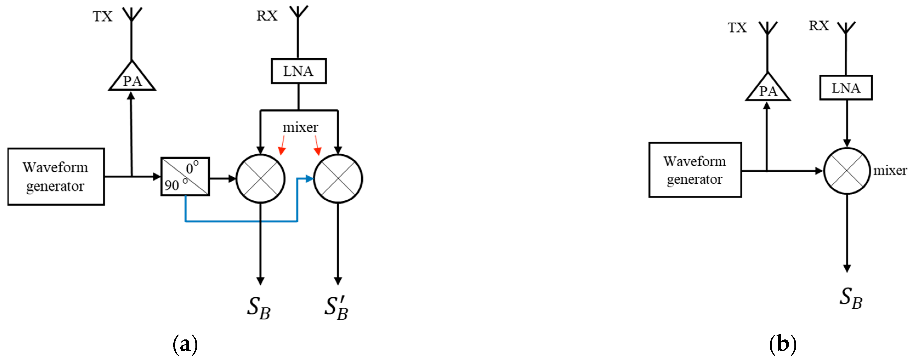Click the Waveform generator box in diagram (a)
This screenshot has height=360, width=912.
56,176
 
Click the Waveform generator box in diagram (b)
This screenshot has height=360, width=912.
695,170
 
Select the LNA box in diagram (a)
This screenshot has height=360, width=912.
299,71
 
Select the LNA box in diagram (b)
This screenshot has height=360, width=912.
845,88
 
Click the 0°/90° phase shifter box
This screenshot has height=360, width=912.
185,176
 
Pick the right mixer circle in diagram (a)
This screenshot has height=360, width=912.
338,178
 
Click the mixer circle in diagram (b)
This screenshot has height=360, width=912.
846,171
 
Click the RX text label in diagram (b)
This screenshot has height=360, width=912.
819,25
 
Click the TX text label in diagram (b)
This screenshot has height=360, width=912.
737,28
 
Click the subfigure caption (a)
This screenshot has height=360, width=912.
185,344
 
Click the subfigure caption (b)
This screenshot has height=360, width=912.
783,344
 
